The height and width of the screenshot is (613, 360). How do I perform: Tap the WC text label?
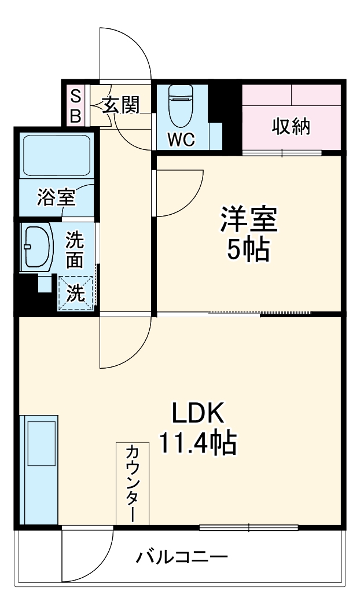181,139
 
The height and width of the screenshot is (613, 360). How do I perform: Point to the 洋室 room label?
248,219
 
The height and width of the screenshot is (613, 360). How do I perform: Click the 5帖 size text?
248,250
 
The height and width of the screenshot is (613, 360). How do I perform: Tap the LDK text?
197,414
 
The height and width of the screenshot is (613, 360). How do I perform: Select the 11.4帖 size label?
197,445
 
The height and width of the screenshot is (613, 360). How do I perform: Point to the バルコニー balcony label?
182,558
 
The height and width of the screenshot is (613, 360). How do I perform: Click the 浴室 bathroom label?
56,197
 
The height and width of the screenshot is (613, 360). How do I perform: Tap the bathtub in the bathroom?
56,155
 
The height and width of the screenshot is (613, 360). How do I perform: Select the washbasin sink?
37,247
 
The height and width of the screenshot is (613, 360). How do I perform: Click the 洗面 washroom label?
74,249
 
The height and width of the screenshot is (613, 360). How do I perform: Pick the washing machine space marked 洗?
75,293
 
